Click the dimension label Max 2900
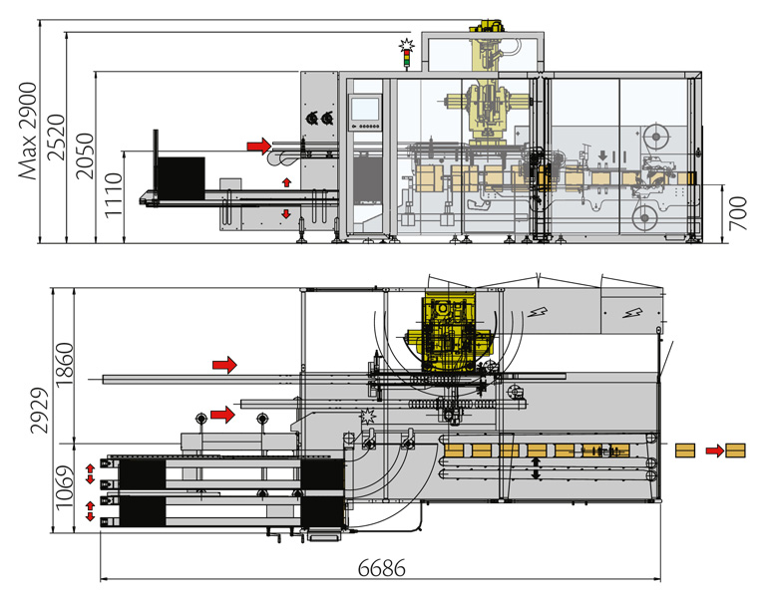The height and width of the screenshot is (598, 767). click(28, 131)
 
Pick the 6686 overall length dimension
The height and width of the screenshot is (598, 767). click(382, 569)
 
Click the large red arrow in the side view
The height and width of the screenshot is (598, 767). click(258, 146)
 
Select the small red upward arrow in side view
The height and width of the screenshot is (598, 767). click(286, 182)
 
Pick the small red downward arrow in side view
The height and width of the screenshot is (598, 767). click(286, 214)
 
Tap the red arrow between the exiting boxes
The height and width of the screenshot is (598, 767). click(713, 450)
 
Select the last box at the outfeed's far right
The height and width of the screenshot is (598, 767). click(736, 450)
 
